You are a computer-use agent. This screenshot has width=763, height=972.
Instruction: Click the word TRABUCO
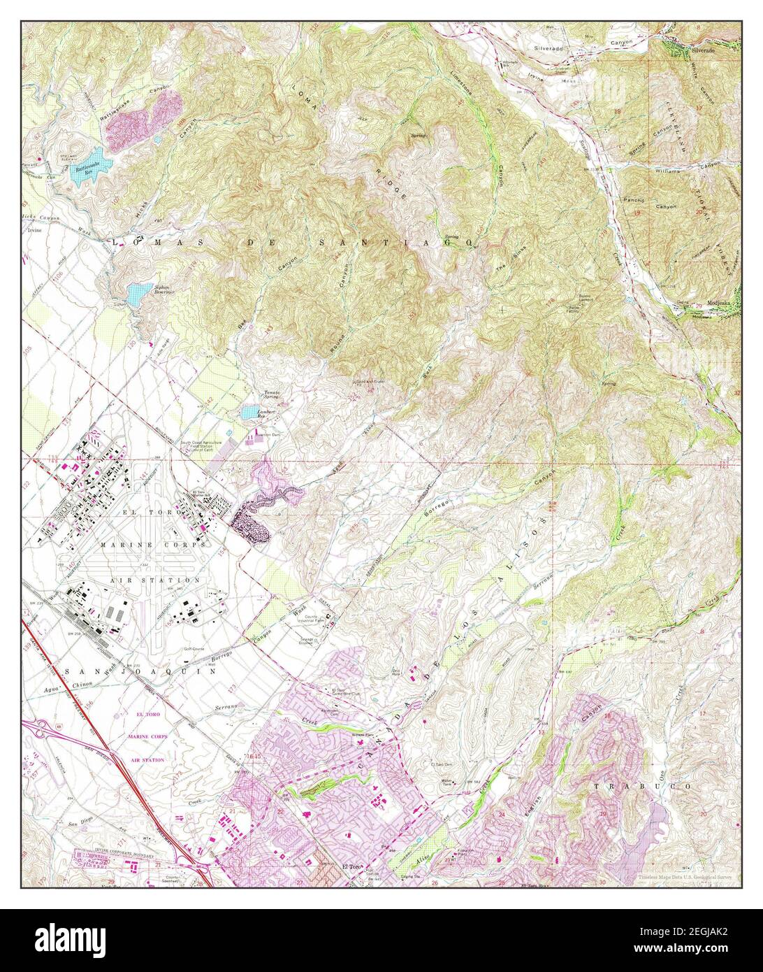(642, 786)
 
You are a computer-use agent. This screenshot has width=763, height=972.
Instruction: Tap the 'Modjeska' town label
(720, 303)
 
